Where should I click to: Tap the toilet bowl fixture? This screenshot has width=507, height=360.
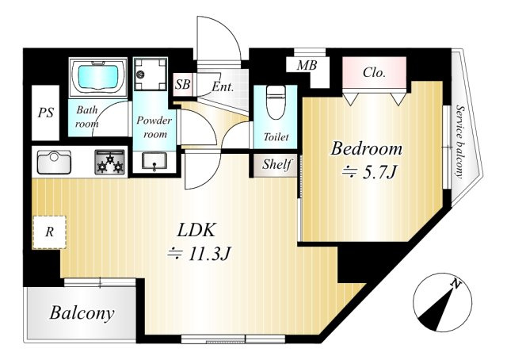(275, 103)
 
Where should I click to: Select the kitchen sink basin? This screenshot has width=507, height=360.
(54, 163)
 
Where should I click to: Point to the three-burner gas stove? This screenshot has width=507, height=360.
(110, 162)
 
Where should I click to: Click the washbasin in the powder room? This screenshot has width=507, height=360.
(154, 162)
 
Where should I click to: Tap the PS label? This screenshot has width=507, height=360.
(46, 113)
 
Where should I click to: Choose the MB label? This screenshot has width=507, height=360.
(307, 66)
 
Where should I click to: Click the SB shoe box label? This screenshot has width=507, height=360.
(183, 85)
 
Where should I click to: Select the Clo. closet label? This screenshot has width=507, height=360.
(374, 72)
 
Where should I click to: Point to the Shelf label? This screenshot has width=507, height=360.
(277, 164)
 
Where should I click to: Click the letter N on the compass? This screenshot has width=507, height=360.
(456, 284)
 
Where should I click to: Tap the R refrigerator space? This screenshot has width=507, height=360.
(49, 232)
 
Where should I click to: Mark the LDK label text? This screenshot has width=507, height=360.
(196, 231)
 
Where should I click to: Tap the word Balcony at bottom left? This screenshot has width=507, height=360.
(82, 313)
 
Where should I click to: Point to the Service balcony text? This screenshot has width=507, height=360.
(459, 141)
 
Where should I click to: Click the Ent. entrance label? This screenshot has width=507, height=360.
(223, 86)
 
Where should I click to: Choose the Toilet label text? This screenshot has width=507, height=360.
(276, 136)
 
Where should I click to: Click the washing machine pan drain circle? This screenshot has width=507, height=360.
(141, 74)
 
